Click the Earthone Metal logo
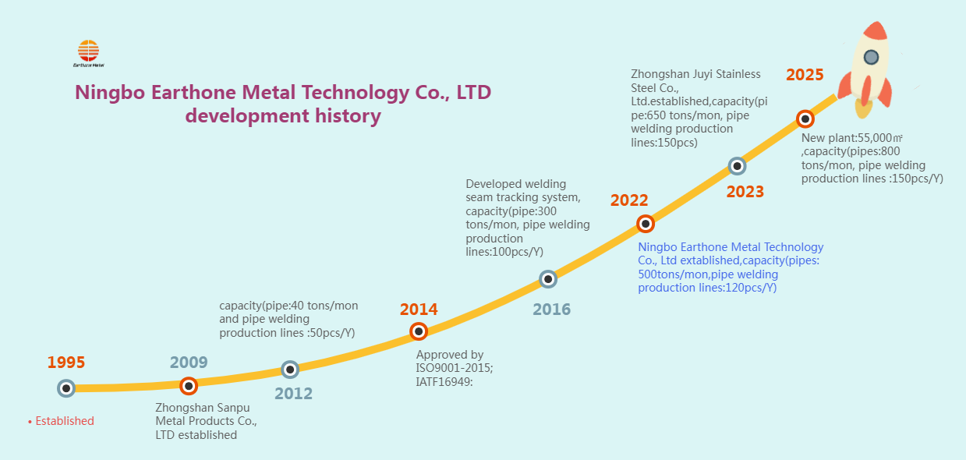[x=88, y=53]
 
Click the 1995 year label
[x=66, y=363]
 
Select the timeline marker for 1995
[x=66, y=387]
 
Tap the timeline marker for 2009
[x=189, y=385]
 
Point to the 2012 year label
[x=293, y=394]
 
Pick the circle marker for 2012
[x=290, y=370]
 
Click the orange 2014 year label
[x=419, y=310]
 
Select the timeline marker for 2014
[x=419, y=331]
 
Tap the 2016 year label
[x=551, y=310]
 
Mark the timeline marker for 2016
[x=548, y=279]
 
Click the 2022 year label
[x=629, y=200]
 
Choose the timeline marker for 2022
[x=646, y=224]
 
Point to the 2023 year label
[x=745, y=192]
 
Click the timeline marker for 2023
[x=737, y=166]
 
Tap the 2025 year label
[x=805, y=75]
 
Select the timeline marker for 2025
[x=805, y=119]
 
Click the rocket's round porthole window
[x=871, y=57]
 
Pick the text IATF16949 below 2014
[x=445, y=382]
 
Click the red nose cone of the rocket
[x=877, y=31]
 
